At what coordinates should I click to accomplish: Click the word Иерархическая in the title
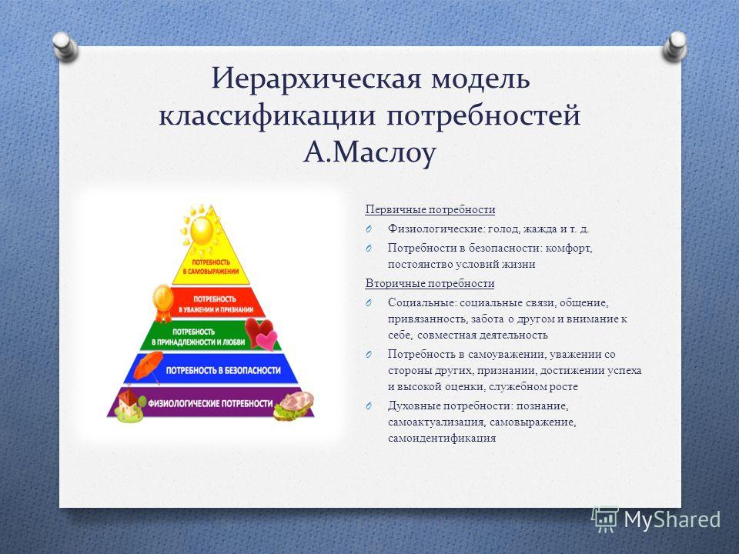[316, 79]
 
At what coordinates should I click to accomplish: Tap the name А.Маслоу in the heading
[369, 152]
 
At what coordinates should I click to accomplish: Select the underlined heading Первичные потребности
[430, 209]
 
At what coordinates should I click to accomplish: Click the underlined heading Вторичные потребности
[430, 284]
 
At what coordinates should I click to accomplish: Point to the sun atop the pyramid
[201, 229]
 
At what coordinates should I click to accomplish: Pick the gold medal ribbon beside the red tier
[163, 302]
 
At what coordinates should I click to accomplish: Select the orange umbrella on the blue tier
[148, 365]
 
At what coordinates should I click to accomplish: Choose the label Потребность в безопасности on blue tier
[223, 370]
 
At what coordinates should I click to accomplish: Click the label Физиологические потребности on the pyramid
[211, 403]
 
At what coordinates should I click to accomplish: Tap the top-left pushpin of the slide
[65, 47]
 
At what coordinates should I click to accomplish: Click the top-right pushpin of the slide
[675, 46]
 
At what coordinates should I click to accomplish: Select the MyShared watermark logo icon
[605, 519]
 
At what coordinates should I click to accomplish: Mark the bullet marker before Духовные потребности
[369, 405]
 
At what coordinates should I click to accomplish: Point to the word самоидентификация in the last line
[442, 438]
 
